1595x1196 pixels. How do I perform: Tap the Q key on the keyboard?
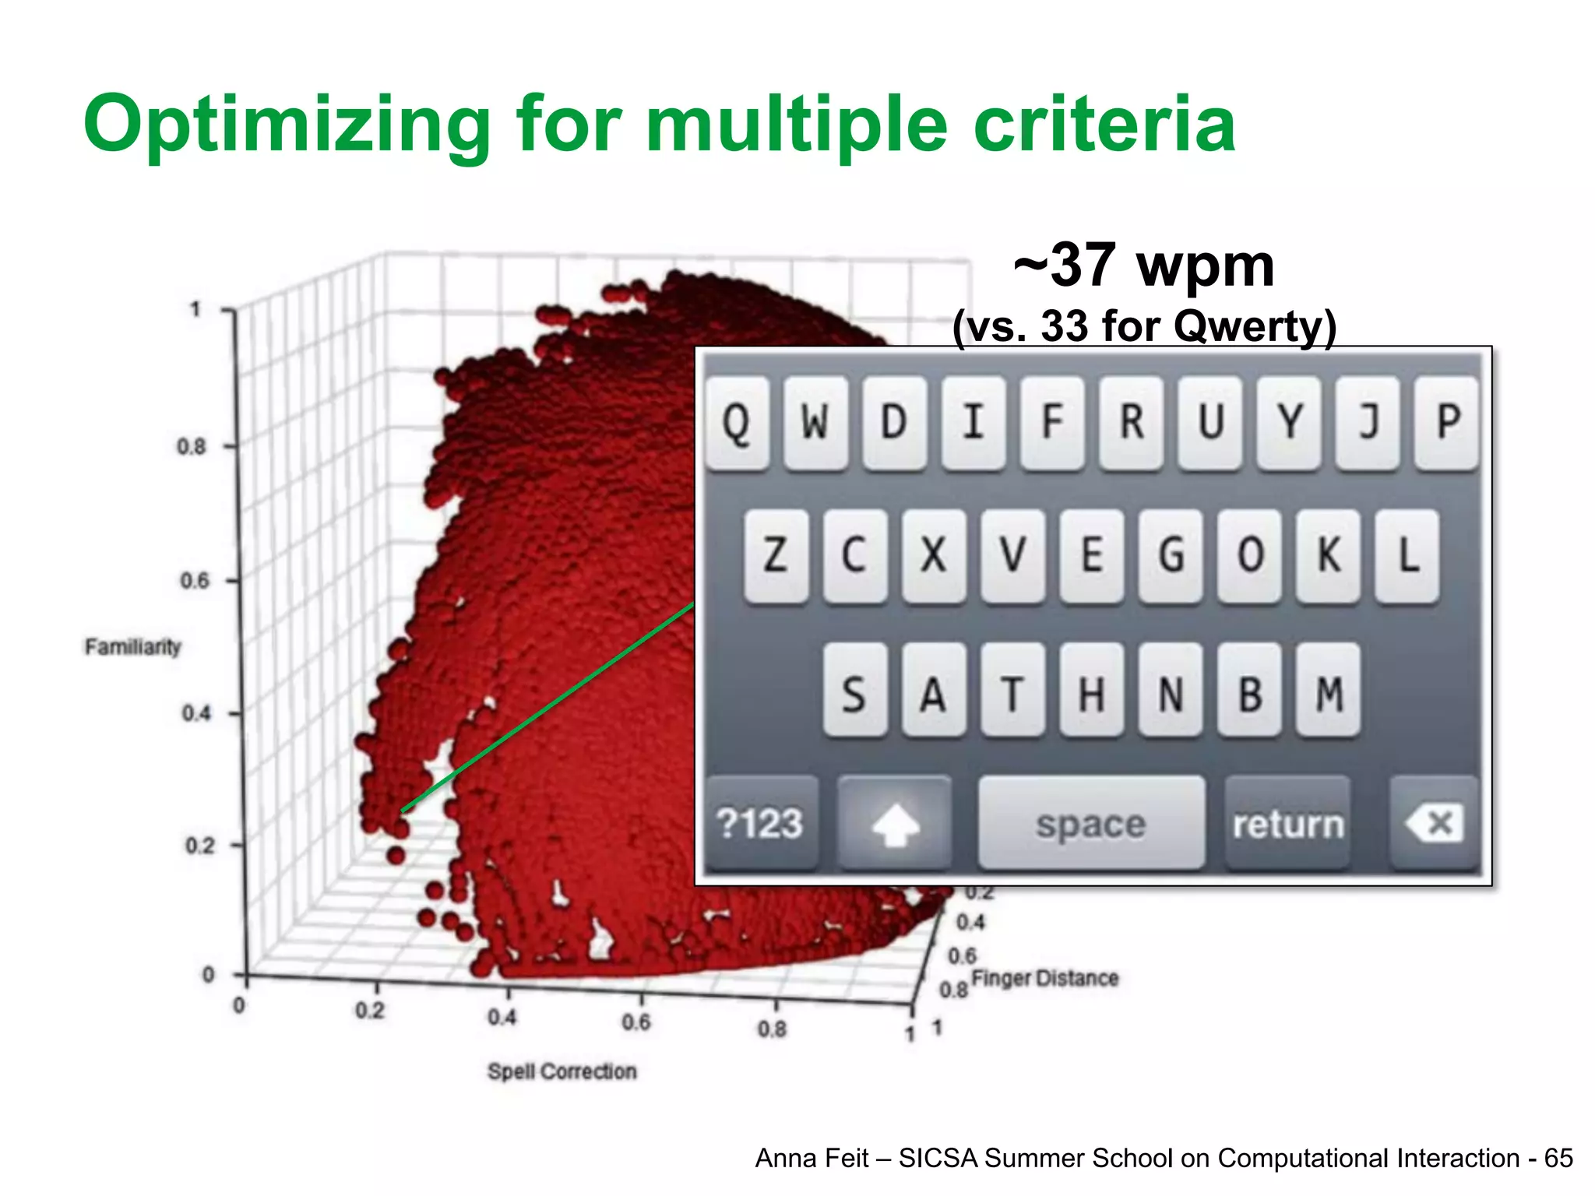point(737,423)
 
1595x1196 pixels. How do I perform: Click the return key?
point(1287,824)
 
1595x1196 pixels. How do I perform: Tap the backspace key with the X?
point(1434,824)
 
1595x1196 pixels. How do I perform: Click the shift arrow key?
point(895,824)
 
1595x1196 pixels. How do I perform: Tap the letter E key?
point(1092,556)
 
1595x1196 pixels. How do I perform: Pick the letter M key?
point(1329,690)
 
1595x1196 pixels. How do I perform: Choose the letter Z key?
point(775,556)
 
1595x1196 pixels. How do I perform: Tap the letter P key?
point(1447,423)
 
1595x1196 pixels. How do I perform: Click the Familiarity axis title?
point(132,647)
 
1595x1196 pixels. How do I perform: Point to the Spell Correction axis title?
point(562,1071)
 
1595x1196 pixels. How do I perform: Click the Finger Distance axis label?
point(1044,978)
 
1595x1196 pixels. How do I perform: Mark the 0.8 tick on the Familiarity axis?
point(192,447)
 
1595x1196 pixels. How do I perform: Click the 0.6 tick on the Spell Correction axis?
point(636,1022)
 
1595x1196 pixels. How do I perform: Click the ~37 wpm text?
point(1143,265)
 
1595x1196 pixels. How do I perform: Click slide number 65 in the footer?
point(1558,1158)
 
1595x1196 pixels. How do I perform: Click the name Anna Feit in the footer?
point(811,1158)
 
